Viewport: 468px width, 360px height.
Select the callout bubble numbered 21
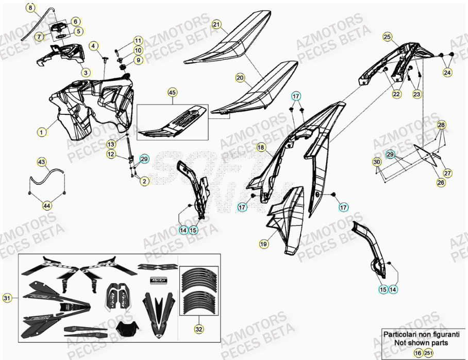point(216,24)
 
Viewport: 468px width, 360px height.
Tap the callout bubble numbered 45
point(172,93)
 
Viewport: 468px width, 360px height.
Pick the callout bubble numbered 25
point(387,37)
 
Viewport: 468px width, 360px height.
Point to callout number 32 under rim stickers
point(198,328)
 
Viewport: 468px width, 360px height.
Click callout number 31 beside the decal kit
point(7,298)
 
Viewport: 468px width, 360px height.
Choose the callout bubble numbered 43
point(41,162)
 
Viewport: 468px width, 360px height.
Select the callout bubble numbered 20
point(240,78)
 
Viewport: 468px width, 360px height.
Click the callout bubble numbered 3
point(86,72)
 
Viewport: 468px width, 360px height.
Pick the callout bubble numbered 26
point(441,182)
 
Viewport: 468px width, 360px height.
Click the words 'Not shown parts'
point(421,342)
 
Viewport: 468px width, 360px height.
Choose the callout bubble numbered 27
point(447,173)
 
